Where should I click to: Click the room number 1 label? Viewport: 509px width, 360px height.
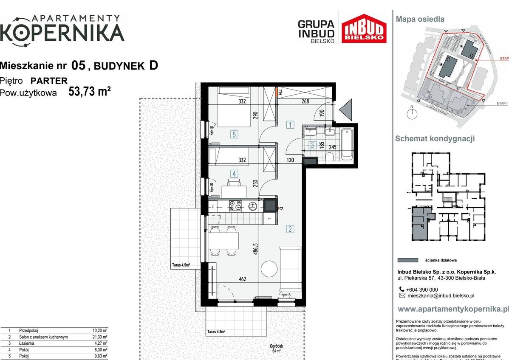point(290,125)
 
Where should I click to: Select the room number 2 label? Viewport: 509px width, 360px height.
point(290,229)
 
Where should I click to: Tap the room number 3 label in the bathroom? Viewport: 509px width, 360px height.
point(312,145)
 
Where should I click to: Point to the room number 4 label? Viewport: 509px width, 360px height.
point(234,173)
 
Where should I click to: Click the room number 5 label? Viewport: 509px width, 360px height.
point(234,135)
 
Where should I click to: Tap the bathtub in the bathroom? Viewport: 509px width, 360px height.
point(347,144)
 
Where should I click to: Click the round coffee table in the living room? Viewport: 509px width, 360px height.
point(270,268)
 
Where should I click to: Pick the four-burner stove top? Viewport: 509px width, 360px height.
point(235,206)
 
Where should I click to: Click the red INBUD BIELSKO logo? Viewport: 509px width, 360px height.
point(365,28)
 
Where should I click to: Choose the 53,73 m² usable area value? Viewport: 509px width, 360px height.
point(90,92)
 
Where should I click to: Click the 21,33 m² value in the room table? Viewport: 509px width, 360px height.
point(99,337)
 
